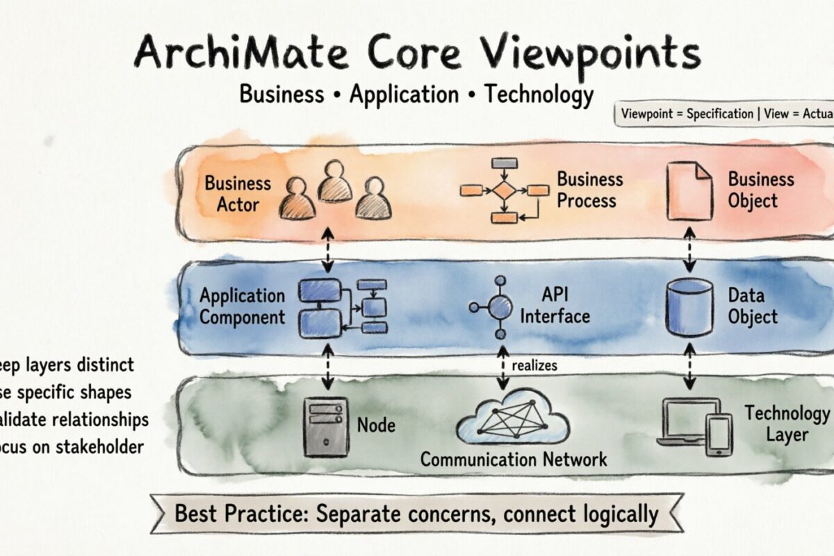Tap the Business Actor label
click(x=238, y=194)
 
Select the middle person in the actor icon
click(x=335, y=182)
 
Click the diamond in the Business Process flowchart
click(x=504, y=190)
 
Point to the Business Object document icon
click(x=689, y=190)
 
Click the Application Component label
click(x=242, y=306)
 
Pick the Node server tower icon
click(x=325, y=425)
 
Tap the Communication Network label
click(x=514, y=459)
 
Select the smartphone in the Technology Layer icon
click(x=719, y=435)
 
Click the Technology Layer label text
click(x=787, y=424)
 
